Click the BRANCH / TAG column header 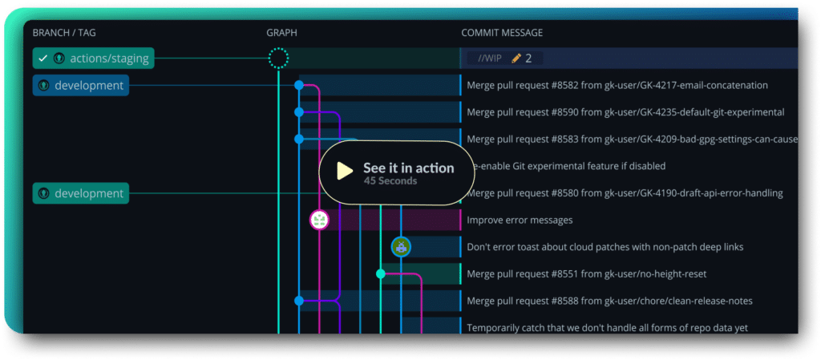(x=64, y=33)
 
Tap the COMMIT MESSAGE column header (x=502, y=33)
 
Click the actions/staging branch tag (x=93, y=58)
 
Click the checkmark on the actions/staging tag (x=43, y=58)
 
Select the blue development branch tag (x=80, y=85)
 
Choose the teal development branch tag (x=80, y=193)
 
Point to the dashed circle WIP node (x=278, y=58)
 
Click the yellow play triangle (x=345, y=171)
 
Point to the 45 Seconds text (x=390, y=181)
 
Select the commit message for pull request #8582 (x=617, y=85)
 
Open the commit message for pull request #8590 (x=625, y=112)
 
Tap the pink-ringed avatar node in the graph (x=320, y=220)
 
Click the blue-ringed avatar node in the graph (x=401, y=247)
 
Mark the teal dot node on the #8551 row (x=381, y=273)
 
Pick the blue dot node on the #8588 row (x=299, y=301)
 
